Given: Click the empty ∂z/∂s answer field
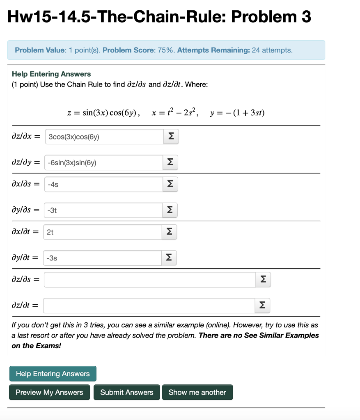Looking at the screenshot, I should coord(149,280).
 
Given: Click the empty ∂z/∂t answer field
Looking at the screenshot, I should coord(149,306).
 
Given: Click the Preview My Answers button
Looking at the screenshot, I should coord(49,392).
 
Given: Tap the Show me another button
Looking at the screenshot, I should coord(197,392).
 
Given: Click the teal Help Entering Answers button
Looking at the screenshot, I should coord(53,374).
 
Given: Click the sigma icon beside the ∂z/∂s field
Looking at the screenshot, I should coord(263,280).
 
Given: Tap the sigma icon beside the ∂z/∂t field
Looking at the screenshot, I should coord(262,306).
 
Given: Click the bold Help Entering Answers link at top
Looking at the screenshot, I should coord(51,74).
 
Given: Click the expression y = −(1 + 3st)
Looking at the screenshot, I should coord(237,113).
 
